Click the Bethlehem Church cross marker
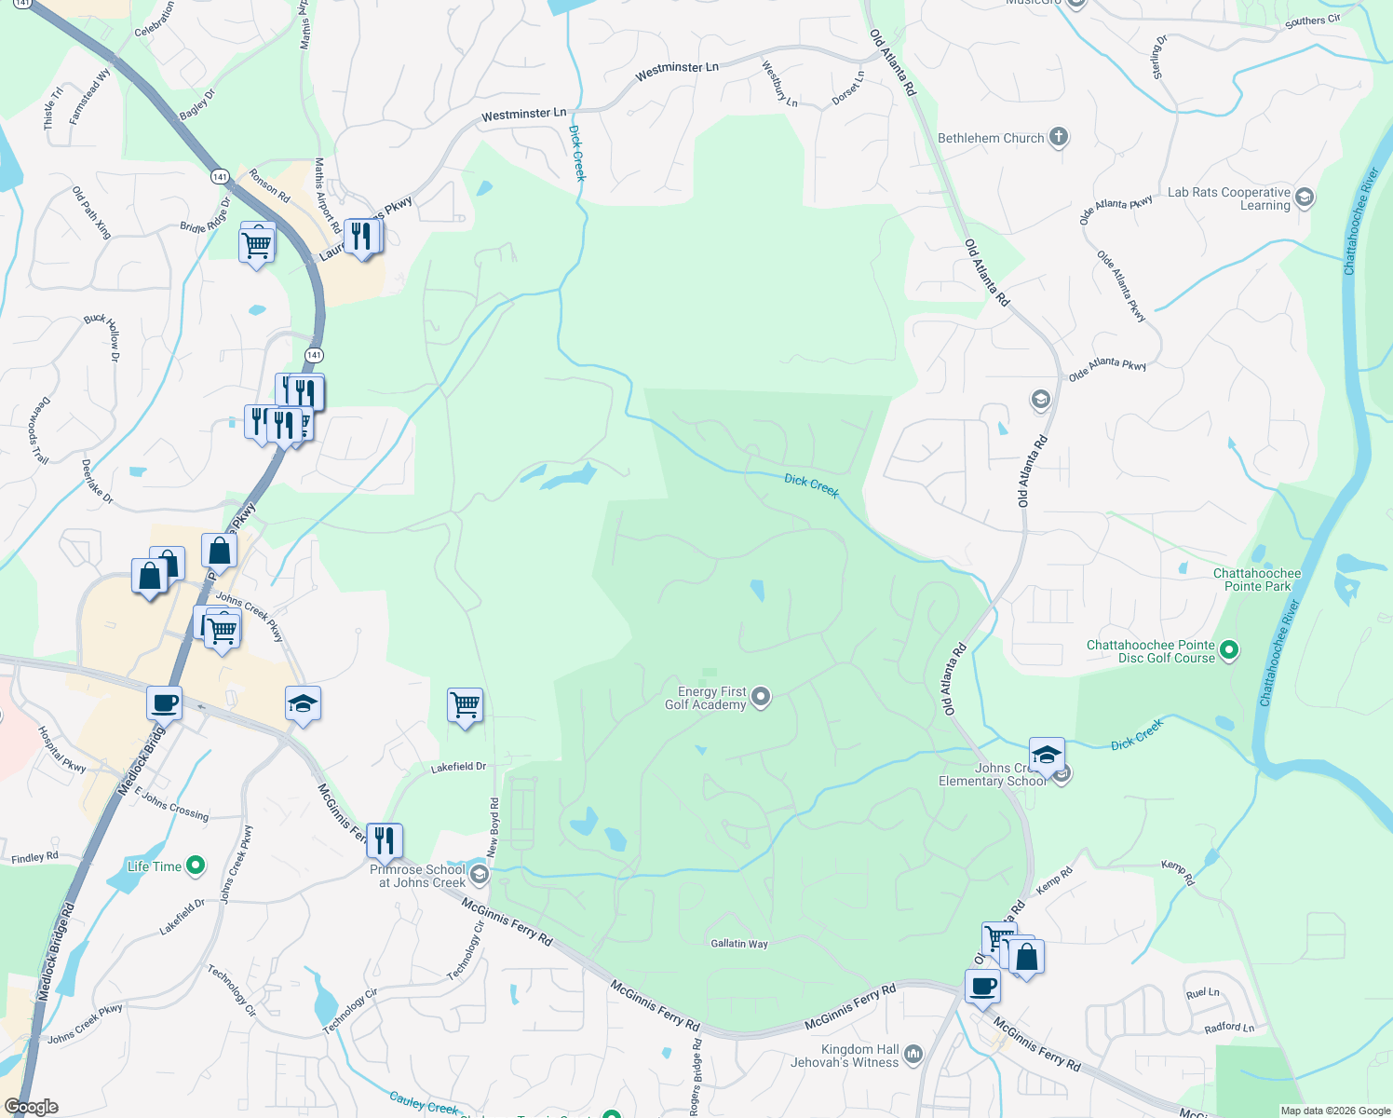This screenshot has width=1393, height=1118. (1058, 138)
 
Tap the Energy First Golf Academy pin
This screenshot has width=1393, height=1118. (761, 697)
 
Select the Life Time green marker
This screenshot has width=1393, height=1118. (195, 866)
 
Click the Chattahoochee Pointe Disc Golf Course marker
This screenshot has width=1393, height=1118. (1228, 650)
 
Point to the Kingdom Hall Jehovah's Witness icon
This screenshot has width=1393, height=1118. (913, 1055)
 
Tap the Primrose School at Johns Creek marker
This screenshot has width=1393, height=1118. (479, 874)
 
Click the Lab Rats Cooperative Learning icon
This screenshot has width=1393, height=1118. (1304, 197)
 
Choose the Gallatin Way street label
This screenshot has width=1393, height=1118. (739, 944)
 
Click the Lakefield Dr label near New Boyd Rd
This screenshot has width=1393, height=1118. (458, 767)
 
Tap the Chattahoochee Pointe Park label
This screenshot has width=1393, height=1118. (1257, 579)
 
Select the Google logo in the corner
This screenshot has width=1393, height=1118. (31, 1107)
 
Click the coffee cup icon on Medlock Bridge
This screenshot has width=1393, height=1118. (165, 703)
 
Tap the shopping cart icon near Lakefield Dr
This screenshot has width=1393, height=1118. (465, 704)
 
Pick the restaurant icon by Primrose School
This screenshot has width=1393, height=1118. (384, 840)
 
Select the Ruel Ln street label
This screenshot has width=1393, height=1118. (1202, 993)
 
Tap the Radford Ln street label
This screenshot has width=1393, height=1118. (1229, 1028)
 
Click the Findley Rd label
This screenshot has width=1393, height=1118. (34, 857)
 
